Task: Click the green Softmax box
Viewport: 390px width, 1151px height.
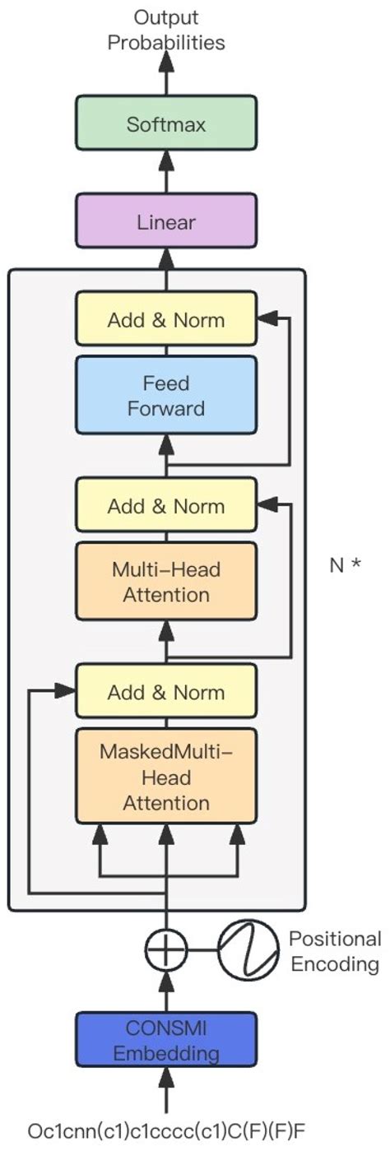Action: (166, 125)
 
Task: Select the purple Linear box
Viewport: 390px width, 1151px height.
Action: (166, 222)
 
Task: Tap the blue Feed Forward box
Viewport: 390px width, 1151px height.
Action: (166, 396)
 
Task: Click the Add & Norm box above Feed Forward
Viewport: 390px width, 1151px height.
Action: (166, 319)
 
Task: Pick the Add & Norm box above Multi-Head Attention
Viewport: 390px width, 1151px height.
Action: (166, 505)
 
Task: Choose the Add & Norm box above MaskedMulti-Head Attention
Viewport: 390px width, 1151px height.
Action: (166, 692)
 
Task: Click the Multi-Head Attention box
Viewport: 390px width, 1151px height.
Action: (166, 581)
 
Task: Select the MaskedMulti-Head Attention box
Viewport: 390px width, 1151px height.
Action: (166, 777)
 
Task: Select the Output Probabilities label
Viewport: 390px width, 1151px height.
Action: (166, 30)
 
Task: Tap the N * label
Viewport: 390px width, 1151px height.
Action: (346, 566)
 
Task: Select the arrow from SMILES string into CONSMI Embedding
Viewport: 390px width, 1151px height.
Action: (167, 1086)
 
